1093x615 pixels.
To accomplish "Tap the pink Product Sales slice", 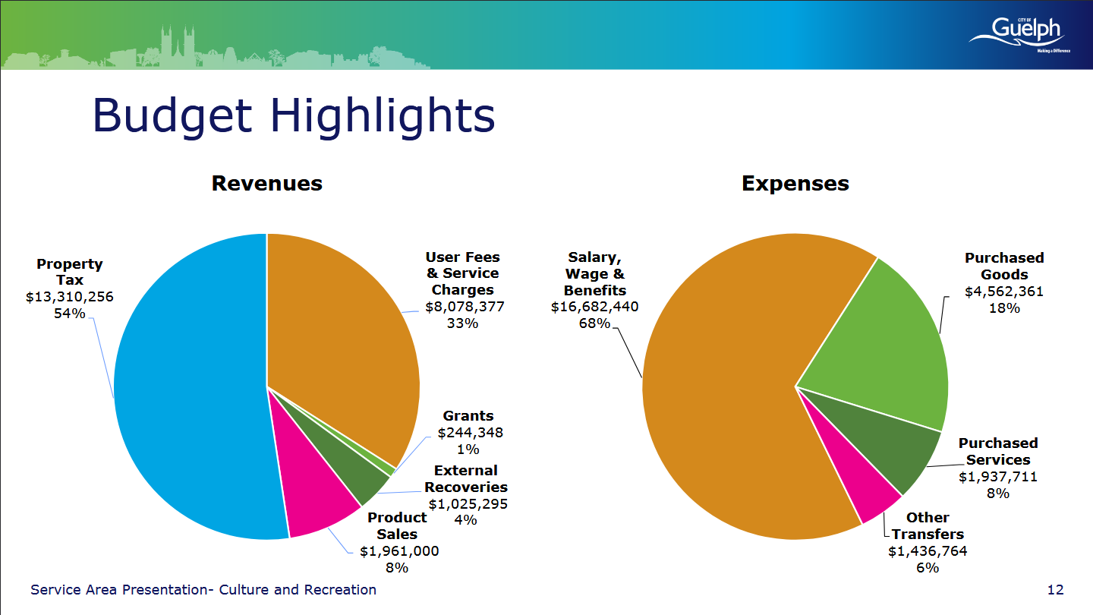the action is (x=315, y=493).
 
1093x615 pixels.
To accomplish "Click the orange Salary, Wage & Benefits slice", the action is (x=732, y=400).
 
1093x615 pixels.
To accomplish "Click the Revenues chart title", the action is (x=267, y=184).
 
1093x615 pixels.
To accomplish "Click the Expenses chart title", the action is (x=795, y=184).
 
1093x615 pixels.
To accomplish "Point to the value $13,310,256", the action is (x=69, y=297).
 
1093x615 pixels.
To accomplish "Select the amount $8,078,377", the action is (x=465, y=307).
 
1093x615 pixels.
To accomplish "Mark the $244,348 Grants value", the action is (x=471, y=433).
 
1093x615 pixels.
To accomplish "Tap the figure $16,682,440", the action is (x=595, y=307).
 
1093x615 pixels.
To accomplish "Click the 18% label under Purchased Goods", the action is (x=1004, y=308).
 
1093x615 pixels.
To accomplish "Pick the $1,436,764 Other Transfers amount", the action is (x=928, y=551).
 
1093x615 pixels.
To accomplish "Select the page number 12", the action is (x=1055, y=590).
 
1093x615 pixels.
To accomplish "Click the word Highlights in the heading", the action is (x=383, y=116).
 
